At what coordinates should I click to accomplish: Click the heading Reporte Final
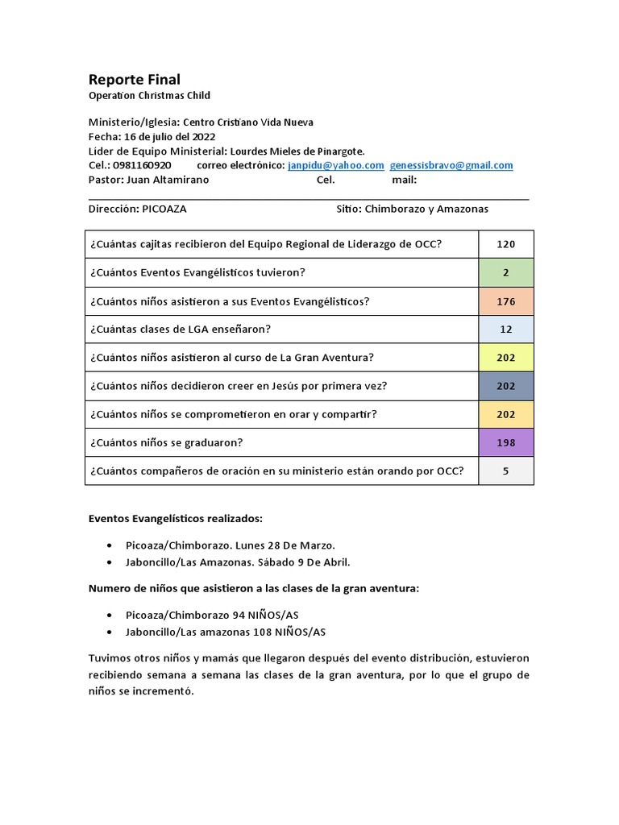tap(134, 79)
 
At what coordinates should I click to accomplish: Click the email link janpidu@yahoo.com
tap(335, 165)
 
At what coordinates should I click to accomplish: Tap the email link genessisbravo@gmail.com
tap(451, 165)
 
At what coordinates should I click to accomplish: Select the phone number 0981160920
tap(142, 165)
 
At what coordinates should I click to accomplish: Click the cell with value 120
tap(505, 244)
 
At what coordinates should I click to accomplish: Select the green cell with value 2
tap(505, 272)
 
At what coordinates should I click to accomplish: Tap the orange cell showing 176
tap(505, 301)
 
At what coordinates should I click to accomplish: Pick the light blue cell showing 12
tap(505, 329)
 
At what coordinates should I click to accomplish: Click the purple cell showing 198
tap(505, 442)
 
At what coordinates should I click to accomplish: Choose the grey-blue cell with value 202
tap(505, 386)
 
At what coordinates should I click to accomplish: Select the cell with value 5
tap(505, 471)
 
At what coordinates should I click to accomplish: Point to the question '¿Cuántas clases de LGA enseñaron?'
tap(180, 329)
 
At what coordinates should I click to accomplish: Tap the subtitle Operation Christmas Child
tap(149, 95)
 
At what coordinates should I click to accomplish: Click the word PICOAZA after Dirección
tap(164, 209)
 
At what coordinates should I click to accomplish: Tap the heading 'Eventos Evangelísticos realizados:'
tap(175, 518)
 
